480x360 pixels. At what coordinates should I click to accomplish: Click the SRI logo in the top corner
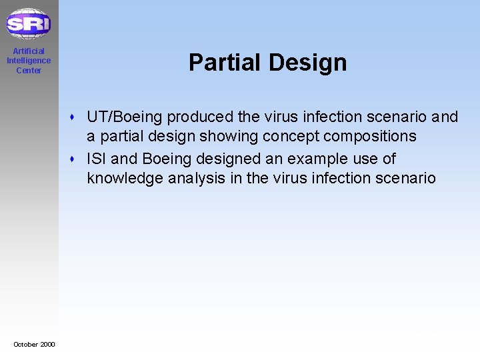click(29, 24)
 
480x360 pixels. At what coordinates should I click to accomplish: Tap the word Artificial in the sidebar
click(29, 51)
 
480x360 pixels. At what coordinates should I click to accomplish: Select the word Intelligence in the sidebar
click(29, 61)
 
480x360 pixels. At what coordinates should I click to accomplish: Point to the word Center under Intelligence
click(29, 71)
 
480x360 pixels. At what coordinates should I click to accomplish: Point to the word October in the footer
click(25, 344)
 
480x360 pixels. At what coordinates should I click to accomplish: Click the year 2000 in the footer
click(47, 344)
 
